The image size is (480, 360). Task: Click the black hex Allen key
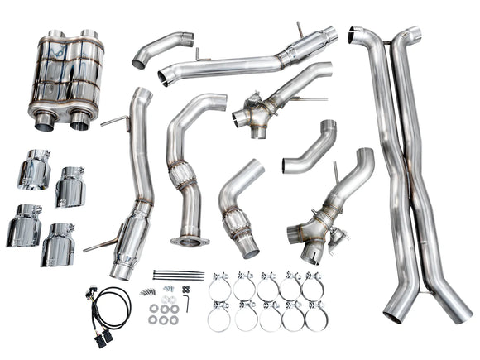pyautogui.click(x=188, y=303)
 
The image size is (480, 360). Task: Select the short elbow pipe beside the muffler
pyautogui.click(x=161, y=50)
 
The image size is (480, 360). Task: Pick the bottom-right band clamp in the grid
pyautogui.click(x=314, y=317)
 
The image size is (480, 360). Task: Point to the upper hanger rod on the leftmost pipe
pyautogui.click(x=115, y=122)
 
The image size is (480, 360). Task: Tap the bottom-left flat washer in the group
pyautogui.click(x=153, y=319)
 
